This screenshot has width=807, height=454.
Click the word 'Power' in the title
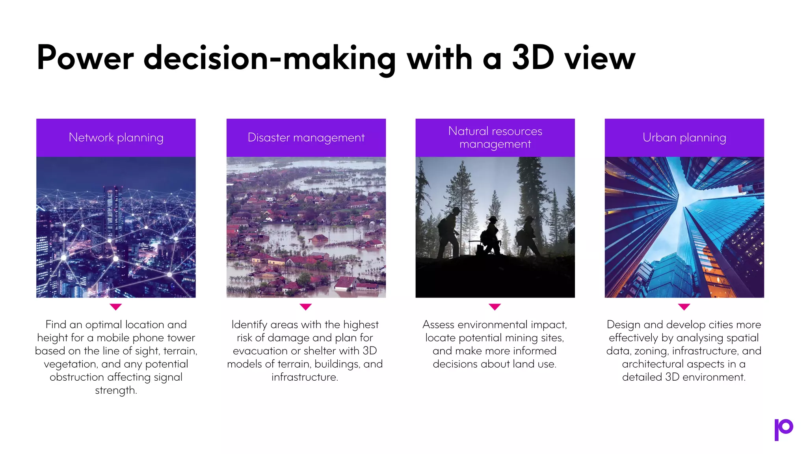[85, 58]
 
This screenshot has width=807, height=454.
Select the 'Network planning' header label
[116, 138]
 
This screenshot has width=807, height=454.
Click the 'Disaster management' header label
[306, 138]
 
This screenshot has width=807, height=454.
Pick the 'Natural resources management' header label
[495, 138]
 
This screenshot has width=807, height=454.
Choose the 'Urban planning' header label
[684, 138]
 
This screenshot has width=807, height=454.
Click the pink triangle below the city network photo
[116, 307]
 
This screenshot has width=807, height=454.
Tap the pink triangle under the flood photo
[306, 307]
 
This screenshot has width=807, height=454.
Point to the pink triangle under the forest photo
[495, 307]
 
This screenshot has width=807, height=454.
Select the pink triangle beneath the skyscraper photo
[684, 307]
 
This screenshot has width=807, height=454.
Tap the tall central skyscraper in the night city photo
[113, 213]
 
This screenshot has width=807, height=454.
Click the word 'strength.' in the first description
[116, 390]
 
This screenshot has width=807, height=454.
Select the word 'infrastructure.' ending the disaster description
[305, 377]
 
